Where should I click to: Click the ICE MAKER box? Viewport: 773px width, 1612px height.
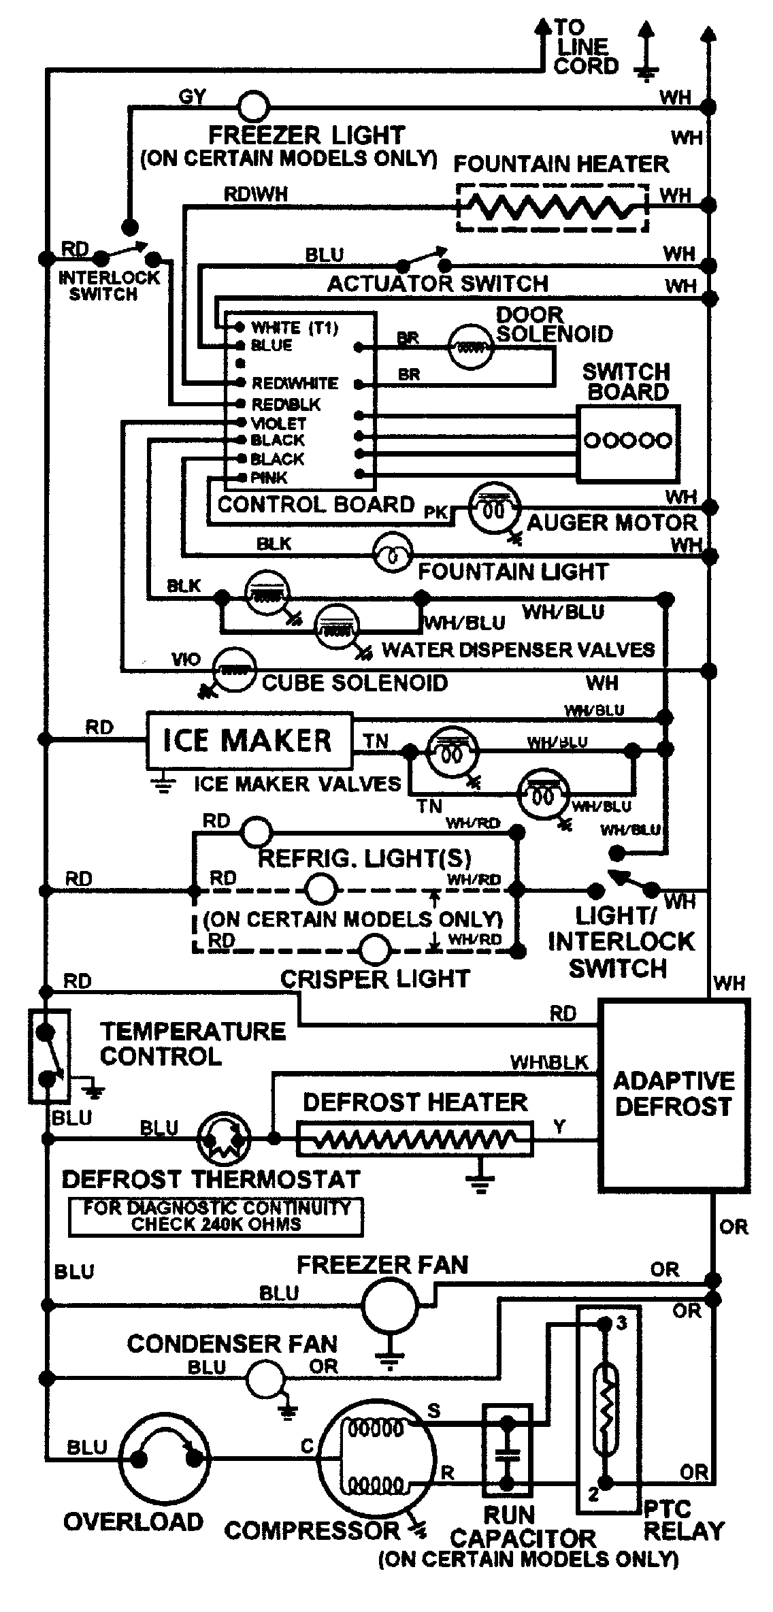click(x=249, y=740)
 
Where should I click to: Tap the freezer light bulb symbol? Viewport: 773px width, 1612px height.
click(x=253, y=106)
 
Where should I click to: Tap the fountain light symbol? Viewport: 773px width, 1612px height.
click(x=393, y=556)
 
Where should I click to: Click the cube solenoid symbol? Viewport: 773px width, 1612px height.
click(x=235, y=670)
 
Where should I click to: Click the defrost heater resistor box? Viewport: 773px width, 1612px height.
click(x=415, y=1138)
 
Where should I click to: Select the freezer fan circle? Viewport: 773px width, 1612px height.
click(x=390, y=1304)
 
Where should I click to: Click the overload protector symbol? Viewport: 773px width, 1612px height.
click(x=165, y=1458)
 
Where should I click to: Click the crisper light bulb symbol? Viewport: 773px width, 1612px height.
click(x=375, y=949)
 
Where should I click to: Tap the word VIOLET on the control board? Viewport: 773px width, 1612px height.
click(x=278, y=423)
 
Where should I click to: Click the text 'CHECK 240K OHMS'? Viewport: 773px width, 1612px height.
click(x=216, y=1224)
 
